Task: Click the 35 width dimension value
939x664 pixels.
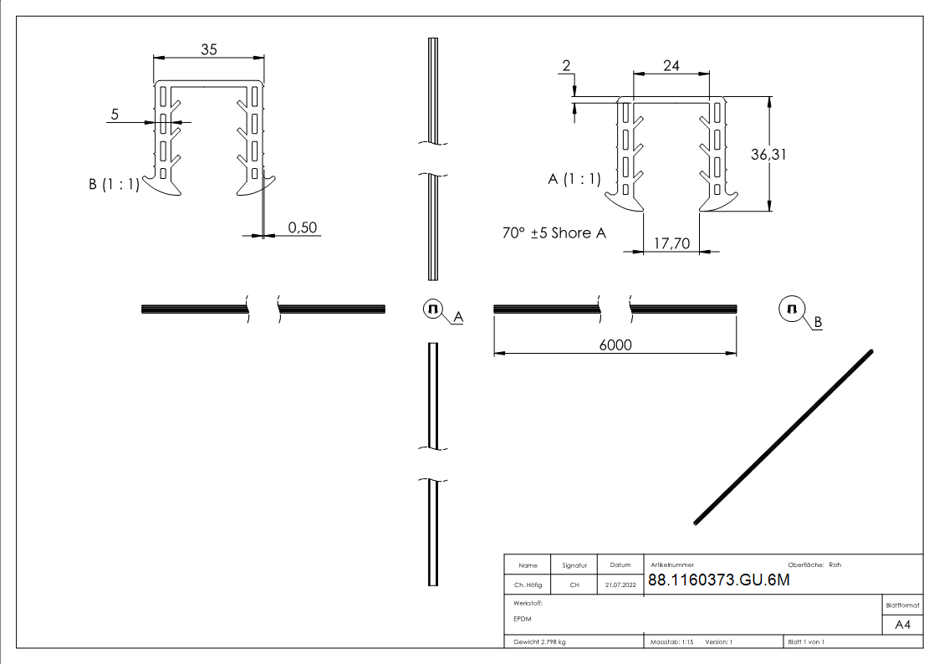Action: coord(209,49)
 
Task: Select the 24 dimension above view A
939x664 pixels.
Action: coord(671,65)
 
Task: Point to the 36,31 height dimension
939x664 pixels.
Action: coord(791,154)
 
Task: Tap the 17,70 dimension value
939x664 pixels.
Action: coord(670,243)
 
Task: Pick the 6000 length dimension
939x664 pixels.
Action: coord(615,345)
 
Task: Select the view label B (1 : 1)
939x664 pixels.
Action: coord(114,185)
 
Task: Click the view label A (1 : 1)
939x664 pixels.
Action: coord(574,178)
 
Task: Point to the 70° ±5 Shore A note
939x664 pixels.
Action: coord(554,233)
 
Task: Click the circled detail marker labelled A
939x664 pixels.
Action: coord(432,309)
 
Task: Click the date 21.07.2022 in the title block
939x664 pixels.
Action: coord(620,585)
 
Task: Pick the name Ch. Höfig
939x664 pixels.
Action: coord(527,585)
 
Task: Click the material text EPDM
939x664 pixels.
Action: coord(523,619)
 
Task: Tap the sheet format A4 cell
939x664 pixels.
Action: coord(902,625)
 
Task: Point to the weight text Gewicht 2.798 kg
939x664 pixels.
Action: coord(540,642)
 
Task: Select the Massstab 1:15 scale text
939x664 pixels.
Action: coord(672,642)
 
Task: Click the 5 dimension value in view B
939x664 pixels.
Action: coord(115,112)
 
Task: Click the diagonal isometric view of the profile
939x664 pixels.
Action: coord(784,437)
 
